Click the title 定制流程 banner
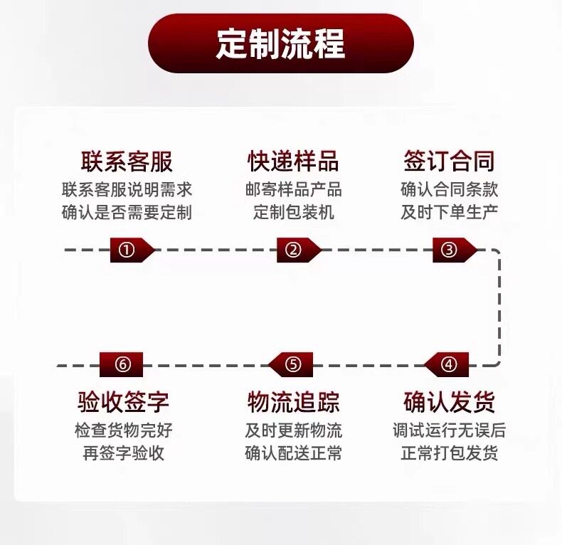pyautogui.click(x=281, y=43)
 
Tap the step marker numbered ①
pyautogui.click(x=132, y=250)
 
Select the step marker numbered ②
pyautogui.click(x=299, y=250)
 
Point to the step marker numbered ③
pyautogui.click(x=455, y=250)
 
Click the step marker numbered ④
pyautogui.click(x=446, y=365)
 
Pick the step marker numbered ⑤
pyautogui.click(x=291, y=365)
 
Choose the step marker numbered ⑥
pyautogui.click(x=121, y=365)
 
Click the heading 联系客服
pyautogui.click(x=127, y=162)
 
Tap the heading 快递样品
pyautogui.click(x=293, y=162)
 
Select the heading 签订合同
pyautogui.click(x=450, y=162)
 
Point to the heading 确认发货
pyautogui.click(x=450, y=402)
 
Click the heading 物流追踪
pyautogui.click(x=293, y=402)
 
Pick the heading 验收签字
pyautogui.click(x=123, y=402)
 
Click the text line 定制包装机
pyautogui.click(x=294, y=212)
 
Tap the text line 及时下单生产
pyautogui.click(x=450, y=212)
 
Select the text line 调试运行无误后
pyautogui.click(x=450, y=430)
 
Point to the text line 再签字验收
pyautogui.click(x=124, y=453)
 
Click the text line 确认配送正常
pyautogui.click(x=294, y=453)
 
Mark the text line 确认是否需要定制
pyautogui.click(x=127, y=212)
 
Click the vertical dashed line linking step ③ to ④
pyautogui.click(x=499, y=307)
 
